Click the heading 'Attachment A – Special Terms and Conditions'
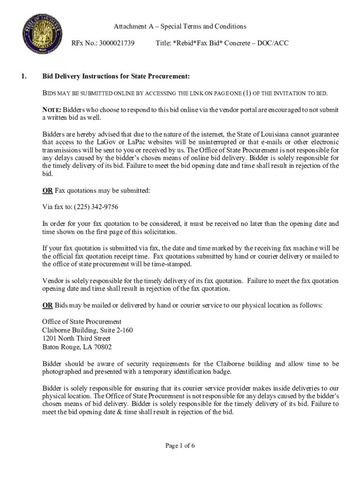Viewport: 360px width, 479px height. point(180,26)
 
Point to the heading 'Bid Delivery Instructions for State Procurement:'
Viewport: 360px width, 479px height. point(116,76)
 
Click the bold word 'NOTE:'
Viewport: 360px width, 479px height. point(51,109)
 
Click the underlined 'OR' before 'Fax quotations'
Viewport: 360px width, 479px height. point(47,190)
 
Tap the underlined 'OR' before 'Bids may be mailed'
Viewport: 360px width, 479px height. point(47,305)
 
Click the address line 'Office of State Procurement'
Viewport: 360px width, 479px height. point(82,322)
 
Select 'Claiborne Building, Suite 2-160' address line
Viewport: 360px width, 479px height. point(87,330)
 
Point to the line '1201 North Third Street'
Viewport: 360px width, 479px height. point(76,339)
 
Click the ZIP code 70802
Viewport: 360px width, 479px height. point(102,347)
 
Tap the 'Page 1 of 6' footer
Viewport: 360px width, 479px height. point(180,445)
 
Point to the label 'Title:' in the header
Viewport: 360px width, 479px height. point(163,43)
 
